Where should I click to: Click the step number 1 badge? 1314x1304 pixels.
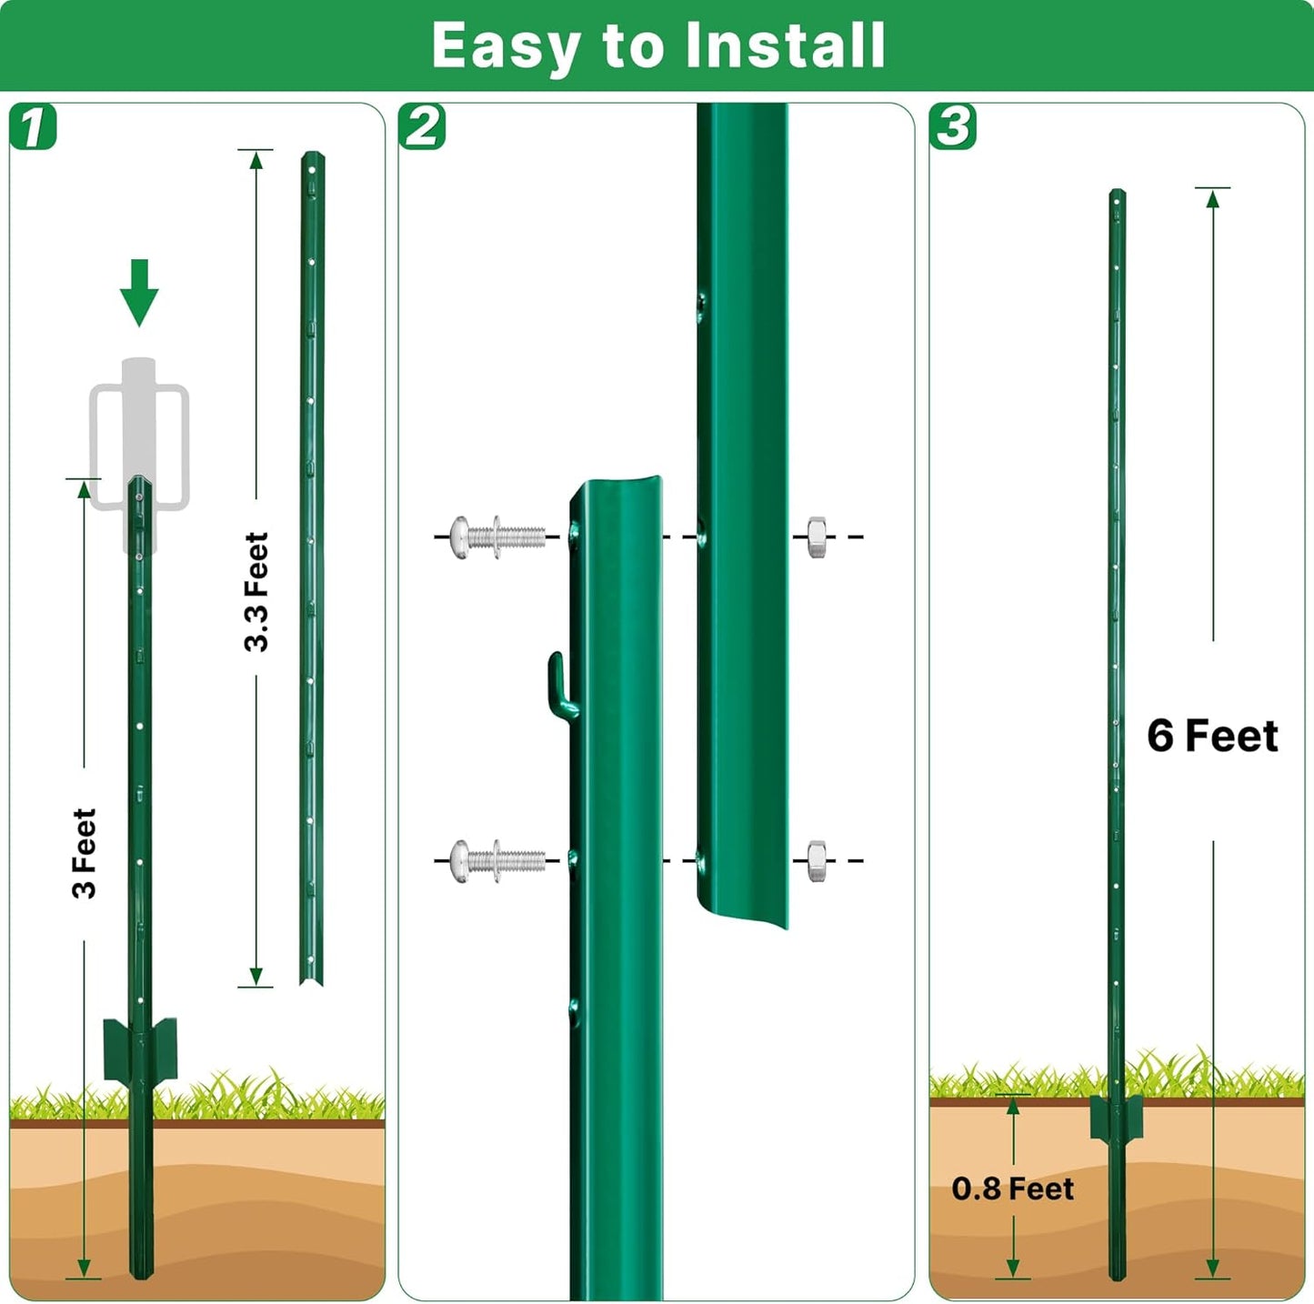tap(34, 127)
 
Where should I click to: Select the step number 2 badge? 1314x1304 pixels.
tap(422, 127)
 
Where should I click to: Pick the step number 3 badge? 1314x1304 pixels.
tap(953, 127)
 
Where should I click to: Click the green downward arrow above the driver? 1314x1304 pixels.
tap(139, 293)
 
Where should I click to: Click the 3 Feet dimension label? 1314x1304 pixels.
tap(84, 853)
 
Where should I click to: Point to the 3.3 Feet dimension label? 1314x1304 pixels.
tap(256, 592)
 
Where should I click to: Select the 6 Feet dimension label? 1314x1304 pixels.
tap(1212, 736)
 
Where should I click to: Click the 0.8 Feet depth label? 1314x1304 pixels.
tap(1012, 1189)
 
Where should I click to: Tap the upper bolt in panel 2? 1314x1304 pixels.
tap(497, 537)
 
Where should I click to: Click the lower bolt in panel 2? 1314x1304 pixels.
tap(497, 860)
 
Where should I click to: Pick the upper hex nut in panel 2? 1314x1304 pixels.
tap(817, 537)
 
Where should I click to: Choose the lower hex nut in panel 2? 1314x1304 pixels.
tap(817, 860)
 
